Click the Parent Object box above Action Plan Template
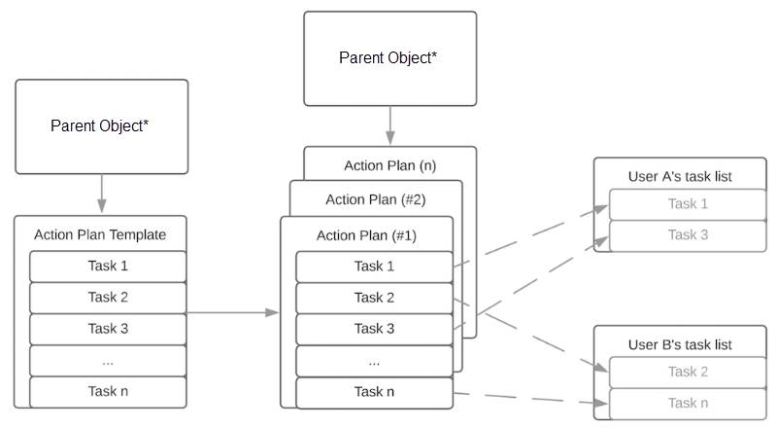101,126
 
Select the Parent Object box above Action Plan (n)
389,58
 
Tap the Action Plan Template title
100,234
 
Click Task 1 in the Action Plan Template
107,267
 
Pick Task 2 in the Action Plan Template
107,298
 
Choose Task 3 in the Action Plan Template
107,329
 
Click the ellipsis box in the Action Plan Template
107,360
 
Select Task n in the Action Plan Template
107,391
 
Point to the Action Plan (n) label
389,165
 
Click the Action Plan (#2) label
375,199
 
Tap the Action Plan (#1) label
366,235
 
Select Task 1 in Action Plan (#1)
374,267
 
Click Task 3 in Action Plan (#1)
374,329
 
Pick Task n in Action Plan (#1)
374,391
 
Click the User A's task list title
680,176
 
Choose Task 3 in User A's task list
688,234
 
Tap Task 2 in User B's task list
688,372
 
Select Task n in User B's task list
688,403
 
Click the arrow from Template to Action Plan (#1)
233,312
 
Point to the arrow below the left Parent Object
101,195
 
